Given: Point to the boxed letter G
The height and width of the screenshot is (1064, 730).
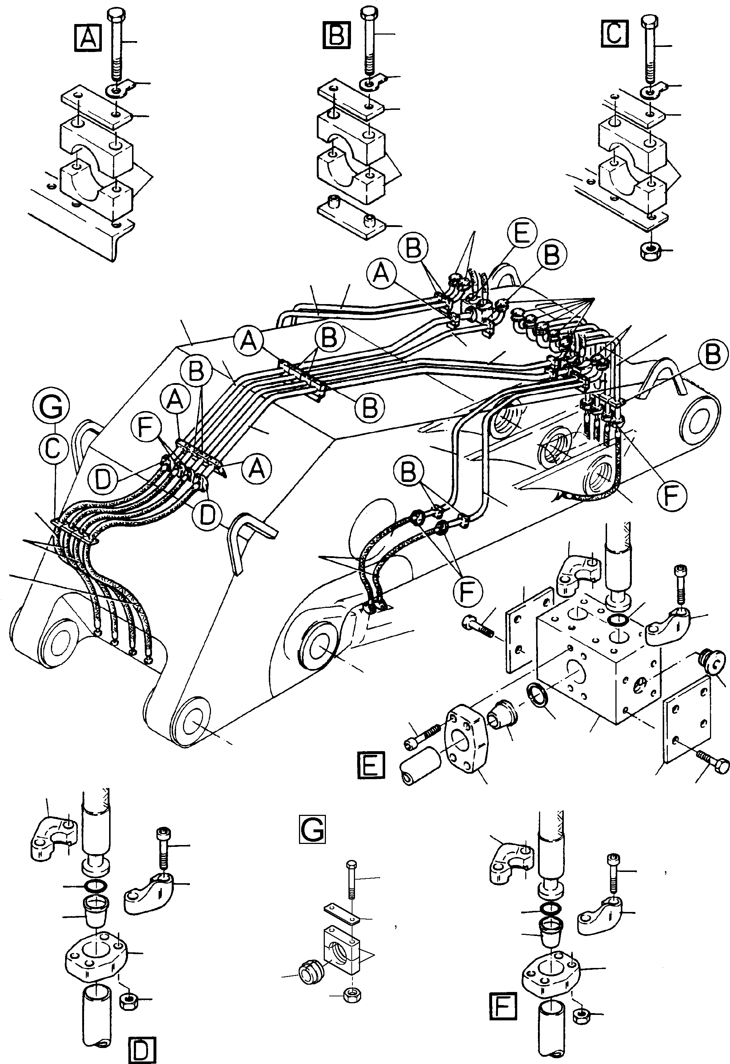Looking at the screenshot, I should coord(312,829).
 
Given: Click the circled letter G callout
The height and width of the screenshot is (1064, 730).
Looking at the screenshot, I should coord(51,406).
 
